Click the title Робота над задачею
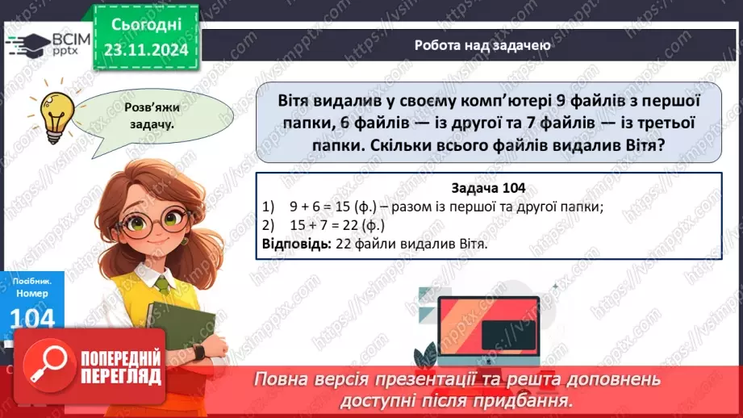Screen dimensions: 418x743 (482, 45)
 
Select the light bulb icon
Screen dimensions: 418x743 (57, 113)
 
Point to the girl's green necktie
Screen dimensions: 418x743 (162, 284)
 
